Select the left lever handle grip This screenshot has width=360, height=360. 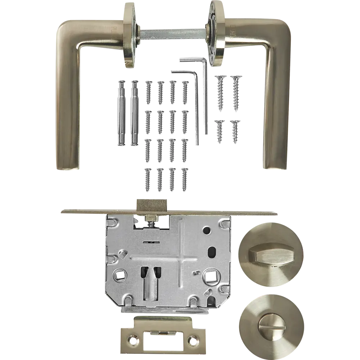(67, 108)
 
